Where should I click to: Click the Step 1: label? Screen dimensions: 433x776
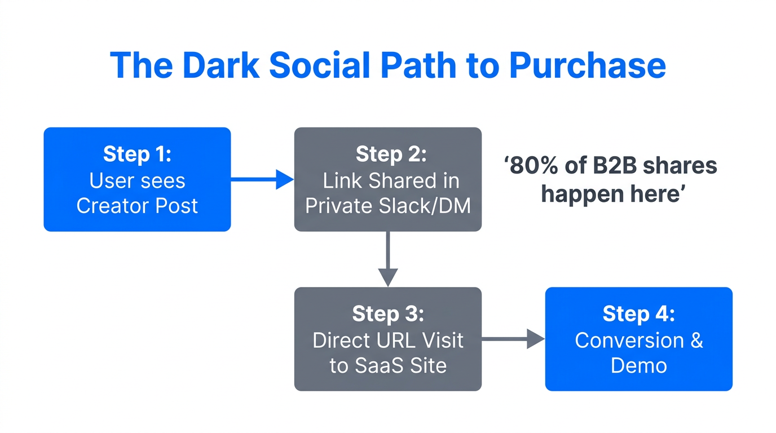coord(137,154)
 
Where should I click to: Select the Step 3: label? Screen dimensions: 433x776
coord(387,313)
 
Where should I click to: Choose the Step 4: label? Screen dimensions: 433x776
coord(638,313)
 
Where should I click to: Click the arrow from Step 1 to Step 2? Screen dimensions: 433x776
coord(262,180)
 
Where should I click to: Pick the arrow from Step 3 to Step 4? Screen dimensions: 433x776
coord(513,339)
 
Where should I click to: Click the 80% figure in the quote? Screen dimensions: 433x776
coord(533,166)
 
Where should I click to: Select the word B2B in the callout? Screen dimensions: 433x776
coord(609,166)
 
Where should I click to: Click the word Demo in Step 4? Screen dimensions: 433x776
coord(638,365)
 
